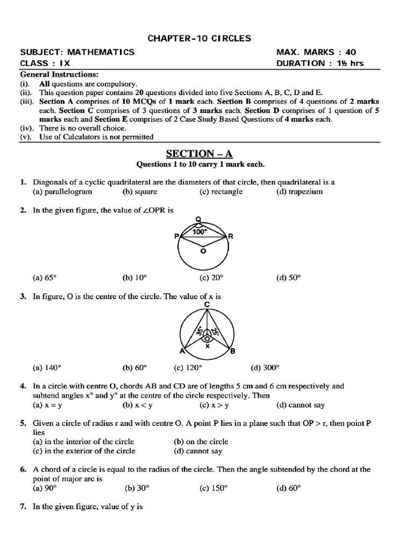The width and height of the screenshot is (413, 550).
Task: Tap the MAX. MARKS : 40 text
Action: (x=316, y=53)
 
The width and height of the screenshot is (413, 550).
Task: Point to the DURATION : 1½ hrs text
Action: (x=319, y=63)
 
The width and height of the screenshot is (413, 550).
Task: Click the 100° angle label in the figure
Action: (x=200, y=233)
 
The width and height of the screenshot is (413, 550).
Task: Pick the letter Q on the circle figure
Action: (x=198, y=219)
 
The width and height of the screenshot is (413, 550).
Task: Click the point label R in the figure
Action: (x=231, y=236)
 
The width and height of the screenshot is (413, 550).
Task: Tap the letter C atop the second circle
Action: (x=207, y=305)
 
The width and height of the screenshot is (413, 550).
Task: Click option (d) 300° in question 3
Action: (x=265, y=368)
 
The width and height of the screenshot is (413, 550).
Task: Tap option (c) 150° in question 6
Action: (x=213, y=488)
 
